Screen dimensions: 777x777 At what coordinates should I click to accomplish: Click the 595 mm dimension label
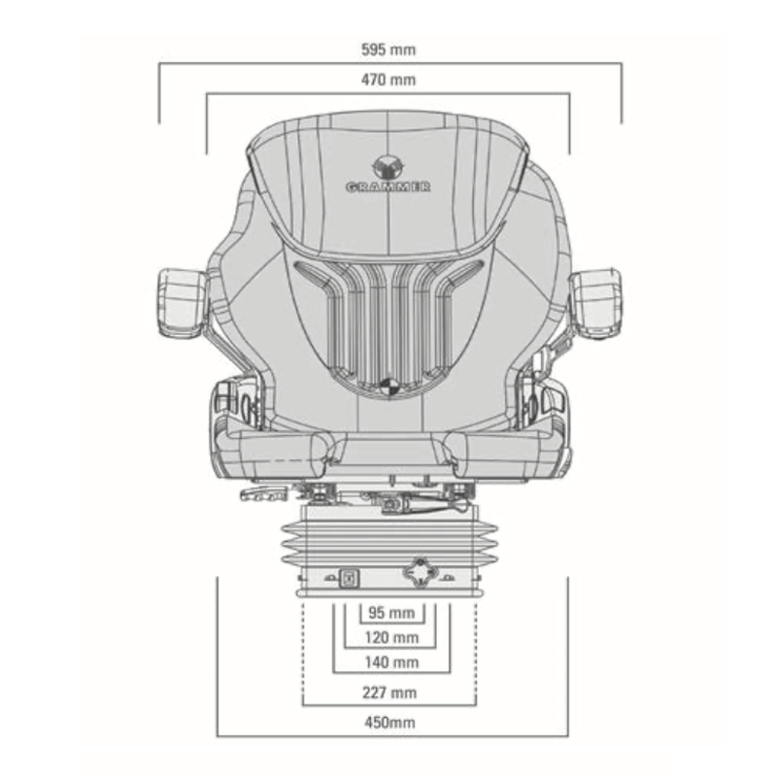click(x=388, y=51)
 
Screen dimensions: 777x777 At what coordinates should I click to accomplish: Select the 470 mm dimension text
click(x=388, y=80)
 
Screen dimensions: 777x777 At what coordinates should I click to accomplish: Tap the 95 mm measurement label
click(x=391, y=613)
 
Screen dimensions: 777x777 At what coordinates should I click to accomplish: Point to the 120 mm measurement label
click(x=391, y=637)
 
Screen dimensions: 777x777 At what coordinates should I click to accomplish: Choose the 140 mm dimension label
click(x=391, y=662)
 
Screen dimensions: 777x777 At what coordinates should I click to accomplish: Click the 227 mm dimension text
click(x=389, y=693)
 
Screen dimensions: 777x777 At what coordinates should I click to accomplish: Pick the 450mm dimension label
click(x=390, y=723)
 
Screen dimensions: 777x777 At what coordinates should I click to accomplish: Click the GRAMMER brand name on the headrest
click(x=388, y=187)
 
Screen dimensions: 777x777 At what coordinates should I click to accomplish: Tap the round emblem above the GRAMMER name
click(x=388, y=167)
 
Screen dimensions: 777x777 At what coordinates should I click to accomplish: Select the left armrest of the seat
click(x=182, y=304)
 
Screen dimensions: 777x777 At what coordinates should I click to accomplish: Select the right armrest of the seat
click(x=596, y=304)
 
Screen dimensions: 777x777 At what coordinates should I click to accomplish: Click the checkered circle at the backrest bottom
click(x=388, y=386)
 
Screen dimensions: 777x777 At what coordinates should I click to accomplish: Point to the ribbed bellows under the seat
click(x=389, y=544)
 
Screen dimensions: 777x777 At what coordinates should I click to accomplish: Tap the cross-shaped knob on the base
click(x=422, y=574)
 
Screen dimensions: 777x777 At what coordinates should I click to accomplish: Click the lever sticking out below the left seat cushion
click(x=263, y=493)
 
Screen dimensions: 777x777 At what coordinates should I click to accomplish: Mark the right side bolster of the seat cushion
click(x=505, y=452)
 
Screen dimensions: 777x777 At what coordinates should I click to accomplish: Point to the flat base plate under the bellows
click(x=389, y=592)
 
